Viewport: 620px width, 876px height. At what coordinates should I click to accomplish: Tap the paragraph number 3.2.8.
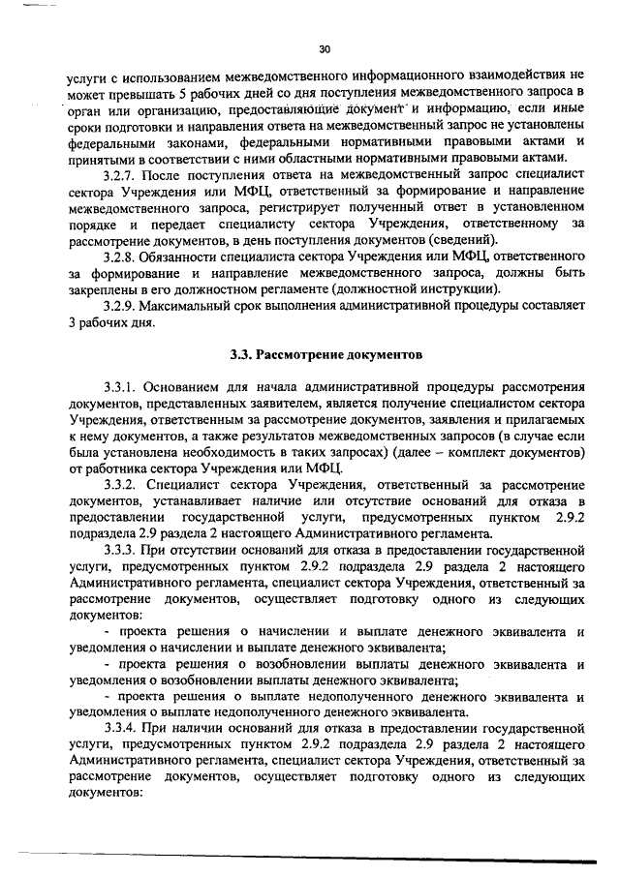(121, 256)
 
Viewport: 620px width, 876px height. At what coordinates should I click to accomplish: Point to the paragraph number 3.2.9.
(121, 307)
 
